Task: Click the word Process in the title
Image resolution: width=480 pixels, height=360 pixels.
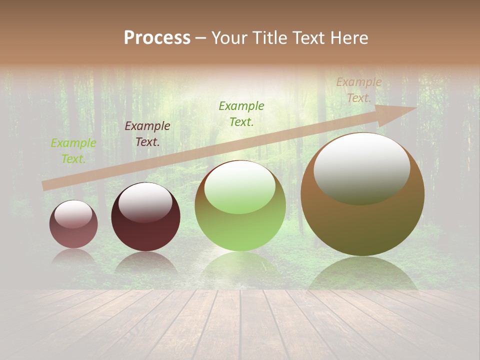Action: [157, 38]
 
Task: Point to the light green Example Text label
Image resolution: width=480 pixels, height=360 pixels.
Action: [73, 150]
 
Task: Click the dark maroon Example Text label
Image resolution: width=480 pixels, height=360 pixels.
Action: [147, 133]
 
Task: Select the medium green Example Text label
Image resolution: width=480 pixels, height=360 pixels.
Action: [241, 113]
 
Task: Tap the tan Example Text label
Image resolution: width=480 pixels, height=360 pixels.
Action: [359, 90]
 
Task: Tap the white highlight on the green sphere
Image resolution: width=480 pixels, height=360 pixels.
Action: [240, 187]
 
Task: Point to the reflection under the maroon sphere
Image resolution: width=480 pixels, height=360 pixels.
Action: [145, 262]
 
